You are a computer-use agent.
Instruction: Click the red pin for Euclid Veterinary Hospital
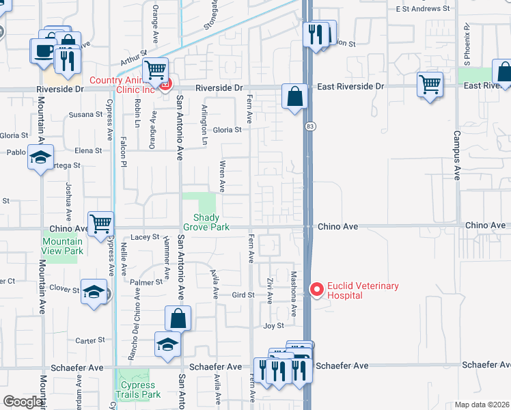pos(316,290)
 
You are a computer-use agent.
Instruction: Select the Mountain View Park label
pos(62,246)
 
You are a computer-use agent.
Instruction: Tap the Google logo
pos(23,402)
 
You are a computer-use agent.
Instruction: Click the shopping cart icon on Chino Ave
pos(100,222)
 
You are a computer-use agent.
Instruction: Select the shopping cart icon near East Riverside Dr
pos(430,85)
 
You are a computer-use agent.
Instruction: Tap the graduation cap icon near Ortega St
pos(40,157)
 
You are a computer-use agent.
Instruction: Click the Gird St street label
pos(243,295)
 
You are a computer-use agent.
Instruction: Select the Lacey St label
pos(145,237)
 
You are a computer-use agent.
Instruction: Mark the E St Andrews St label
pos(423,10)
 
